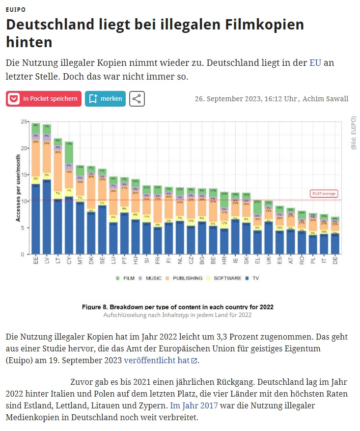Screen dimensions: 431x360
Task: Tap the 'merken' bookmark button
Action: point(105,99)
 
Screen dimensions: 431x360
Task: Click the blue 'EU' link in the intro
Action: point(315,63)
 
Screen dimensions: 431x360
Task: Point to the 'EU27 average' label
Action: point(324,194)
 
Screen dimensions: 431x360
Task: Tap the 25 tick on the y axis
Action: point(23,121)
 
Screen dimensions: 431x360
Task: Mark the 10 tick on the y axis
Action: point(23,201)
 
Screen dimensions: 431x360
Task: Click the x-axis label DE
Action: point(335,261)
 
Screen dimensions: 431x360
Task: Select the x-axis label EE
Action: point(36,261)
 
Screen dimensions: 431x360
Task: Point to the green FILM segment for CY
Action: point(69,152)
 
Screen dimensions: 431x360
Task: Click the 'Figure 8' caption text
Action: point(177,307)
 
